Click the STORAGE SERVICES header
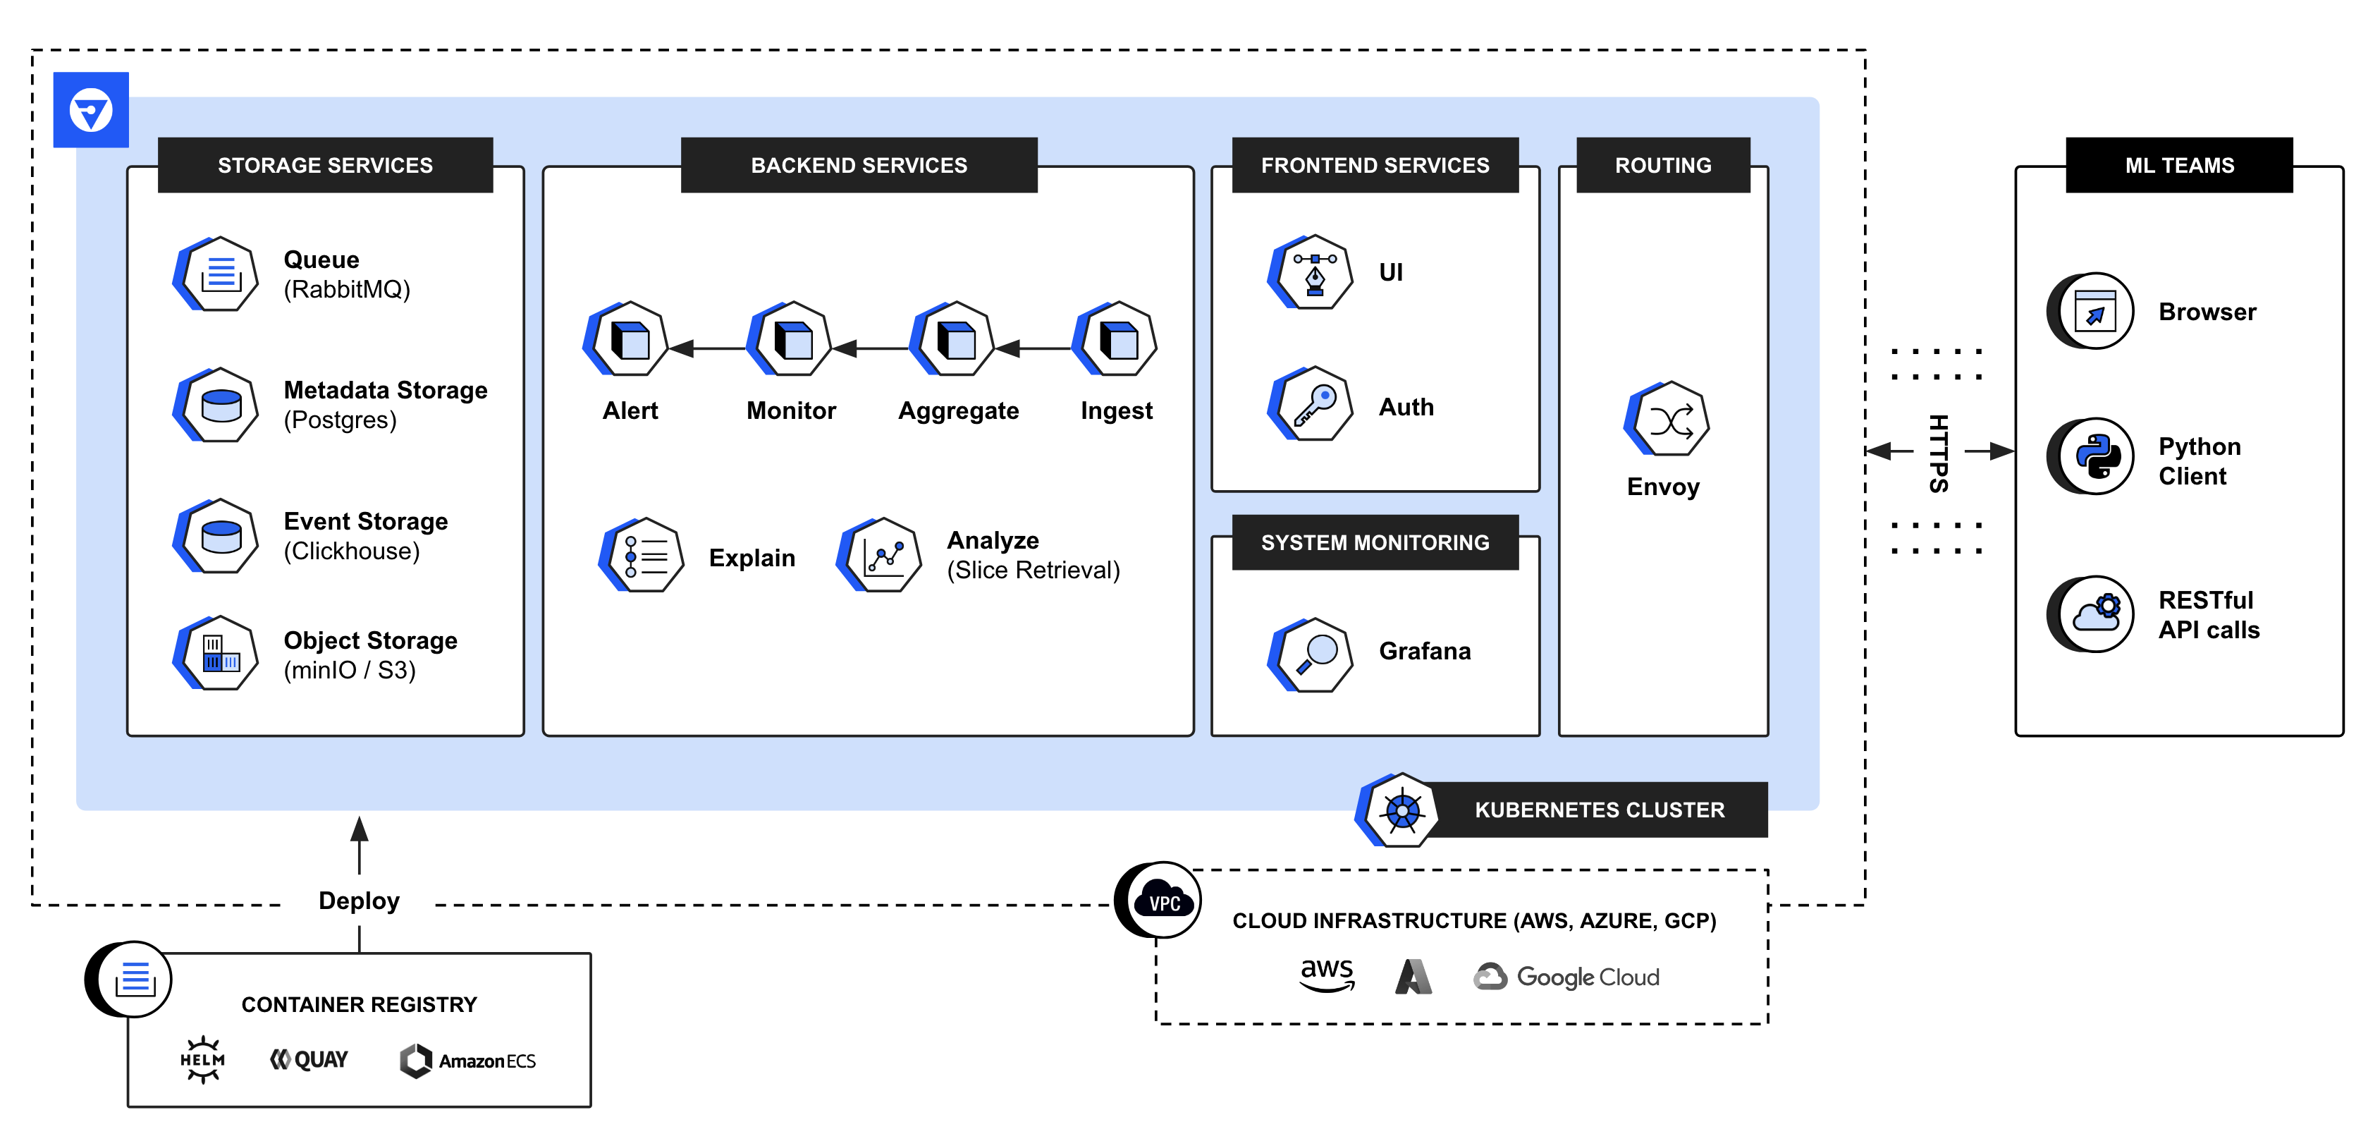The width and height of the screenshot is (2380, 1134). coord(325,166)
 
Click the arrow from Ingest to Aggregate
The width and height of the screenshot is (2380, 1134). coord(1033,348)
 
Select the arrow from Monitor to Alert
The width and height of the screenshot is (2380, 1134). coord(707,348)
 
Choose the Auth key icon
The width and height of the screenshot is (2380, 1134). coord(1311,404)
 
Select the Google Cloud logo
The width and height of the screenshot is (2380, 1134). coord(1567,977)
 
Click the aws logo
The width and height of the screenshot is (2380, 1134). coord(1327,974)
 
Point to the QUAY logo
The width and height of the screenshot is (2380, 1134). coord(309,1060)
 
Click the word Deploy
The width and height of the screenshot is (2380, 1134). coord(358,901)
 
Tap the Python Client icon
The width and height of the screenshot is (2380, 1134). coord(2094,456)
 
